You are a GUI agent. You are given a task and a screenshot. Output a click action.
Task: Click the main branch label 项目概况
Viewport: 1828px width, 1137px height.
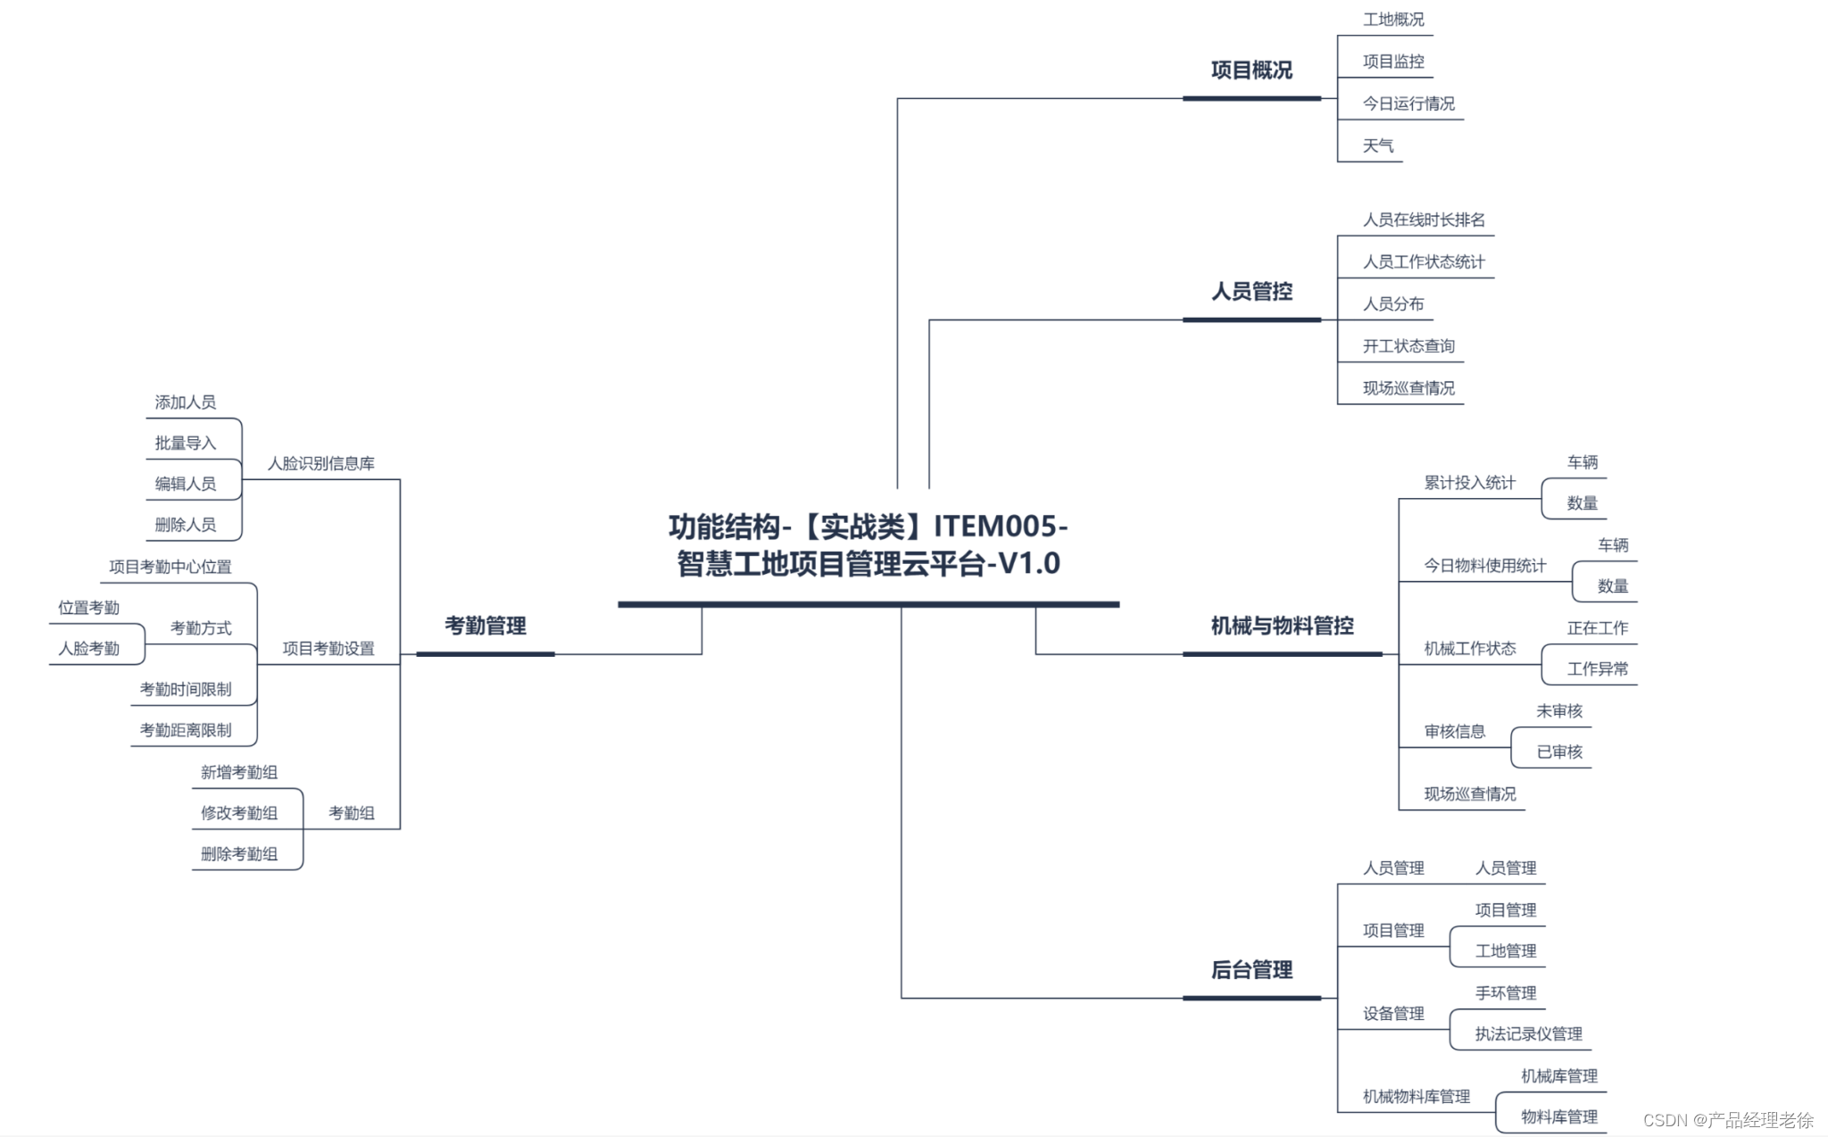click(x=1251, y=71)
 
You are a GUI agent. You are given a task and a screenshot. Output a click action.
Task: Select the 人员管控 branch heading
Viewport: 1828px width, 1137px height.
click(x=1251, y=292)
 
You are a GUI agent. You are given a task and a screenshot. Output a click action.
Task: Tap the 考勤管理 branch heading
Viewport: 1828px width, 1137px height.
click(x=486, y=627)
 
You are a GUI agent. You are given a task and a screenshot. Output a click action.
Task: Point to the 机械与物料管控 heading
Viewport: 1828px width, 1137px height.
click(x=1282, y=627)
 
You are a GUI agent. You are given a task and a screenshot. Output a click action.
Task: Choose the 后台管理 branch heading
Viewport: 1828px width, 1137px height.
click(x=1251, y=970)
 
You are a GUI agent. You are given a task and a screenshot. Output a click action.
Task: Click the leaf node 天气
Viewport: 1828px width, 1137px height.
click(x=1378, y=146)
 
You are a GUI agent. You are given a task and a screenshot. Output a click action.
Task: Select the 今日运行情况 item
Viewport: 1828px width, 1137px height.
click(x=1408, y=104)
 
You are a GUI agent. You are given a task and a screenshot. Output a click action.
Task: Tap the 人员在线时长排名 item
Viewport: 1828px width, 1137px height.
click(x=1424, y=220)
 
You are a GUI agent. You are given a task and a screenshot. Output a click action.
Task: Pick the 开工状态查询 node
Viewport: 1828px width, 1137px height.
click(x=1408, y=346)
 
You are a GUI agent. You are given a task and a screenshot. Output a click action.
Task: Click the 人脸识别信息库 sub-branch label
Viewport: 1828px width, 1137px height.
click(x=321, y=464)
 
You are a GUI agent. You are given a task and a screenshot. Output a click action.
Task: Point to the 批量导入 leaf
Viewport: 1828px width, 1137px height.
click(x=186, y=444)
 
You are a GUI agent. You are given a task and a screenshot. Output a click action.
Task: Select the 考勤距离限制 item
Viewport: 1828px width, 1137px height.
click(x=186, y=731)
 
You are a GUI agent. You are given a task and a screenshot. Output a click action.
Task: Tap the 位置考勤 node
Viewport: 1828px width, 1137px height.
click(x=89, y=609)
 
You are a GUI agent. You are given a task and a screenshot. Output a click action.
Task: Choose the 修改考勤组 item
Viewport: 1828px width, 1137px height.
click(x=239, y=814)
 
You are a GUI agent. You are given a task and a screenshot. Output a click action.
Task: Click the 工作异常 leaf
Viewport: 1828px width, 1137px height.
click(x=1598, y=669)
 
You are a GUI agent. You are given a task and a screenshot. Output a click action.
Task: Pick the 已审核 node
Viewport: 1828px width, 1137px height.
click(x=1559, y=752)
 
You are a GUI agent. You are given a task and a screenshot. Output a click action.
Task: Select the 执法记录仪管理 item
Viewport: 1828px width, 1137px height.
click(x=1528, y=1034)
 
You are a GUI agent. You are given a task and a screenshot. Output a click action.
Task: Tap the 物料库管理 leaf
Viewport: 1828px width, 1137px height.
click(x=1559, y=1117)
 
